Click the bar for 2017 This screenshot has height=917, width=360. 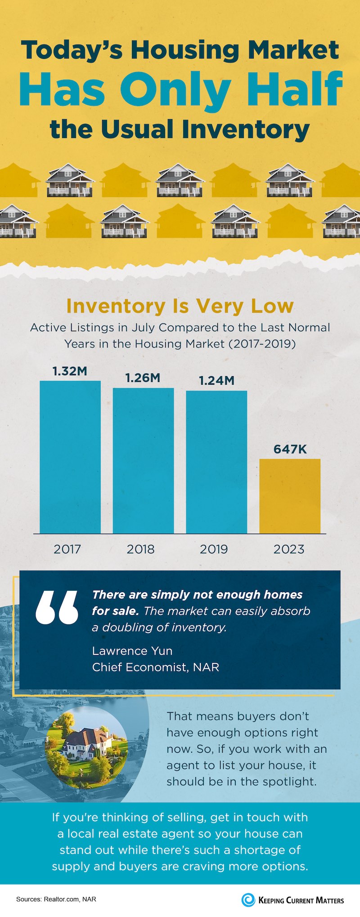pyautogui.click(x=70, y=457)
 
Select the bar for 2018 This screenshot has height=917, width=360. pyautogui.click(x=143, y=460)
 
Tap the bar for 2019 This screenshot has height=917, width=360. pyautogui.click(x=216, y=462)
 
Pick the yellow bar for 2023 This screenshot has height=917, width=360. pyautogui.click(x=290, y=496)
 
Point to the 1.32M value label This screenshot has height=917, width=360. pyautogui.click(x=70, y=372)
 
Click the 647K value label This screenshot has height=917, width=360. pyautogui.click(x=290, y=449)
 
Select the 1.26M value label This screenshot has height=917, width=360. pyautogui.click(x=143, y=378)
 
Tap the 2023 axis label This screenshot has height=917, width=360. pyautogui.click(x=289, y=549)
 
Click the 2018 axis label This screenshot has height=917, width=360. pyautogui.click(x=140, y=549)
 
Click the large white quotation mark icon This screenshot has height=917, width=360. pyautogui.click(x=57, y=607)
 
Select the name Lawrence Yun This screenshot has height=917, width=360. pyautogui.click(x=132, y=651)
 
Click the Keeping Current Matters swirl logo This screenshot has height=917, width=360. pyautogui.click(x=248, y=900)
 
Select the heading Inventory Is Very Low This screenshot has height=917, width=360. pyautogui.click(x=180, y=306)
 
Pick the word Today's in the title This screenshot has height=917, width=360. pyautogui.click(x=72, y=50)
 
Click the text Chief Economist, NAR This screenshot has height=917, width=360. pyautogui.click(x=156, y=667)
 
